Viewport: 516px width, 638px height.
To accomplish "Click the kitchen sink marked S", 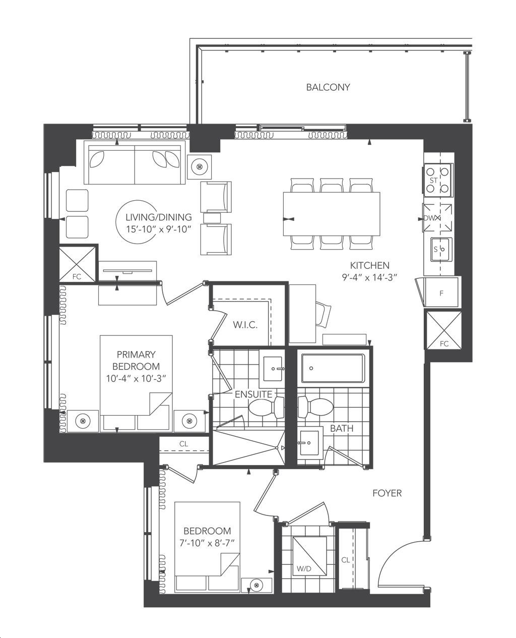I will pos(440,249).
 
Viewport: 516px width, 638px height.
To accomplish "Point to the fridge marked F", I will pos(441,293).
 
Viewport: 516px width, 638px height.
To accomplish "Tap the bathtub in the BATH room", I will pos(333,368).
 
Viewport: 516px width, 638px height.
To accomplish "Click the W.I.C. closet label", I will pos(245,325).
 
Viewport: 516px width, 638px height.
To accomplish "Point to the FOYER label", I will pos(387,493).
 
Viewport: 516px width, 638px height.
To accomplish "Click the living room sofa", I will pos(134,165).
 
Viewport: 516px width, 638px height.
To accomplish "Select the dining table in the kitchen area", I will pos(332,214).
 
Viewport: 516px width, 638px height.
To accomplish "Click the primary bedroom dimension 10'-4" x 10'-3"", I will pos(136,378).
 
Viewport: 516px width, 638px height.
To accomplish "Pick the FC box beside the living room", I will pos(77,263).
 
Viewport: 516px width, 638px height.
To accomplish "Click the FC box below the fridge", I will pos(443,330).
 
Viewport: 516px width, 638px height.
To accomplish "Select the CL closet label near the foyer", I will pos(346,560).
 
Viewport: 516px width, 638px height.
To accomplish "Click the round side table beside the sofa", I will pos(200,166).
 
